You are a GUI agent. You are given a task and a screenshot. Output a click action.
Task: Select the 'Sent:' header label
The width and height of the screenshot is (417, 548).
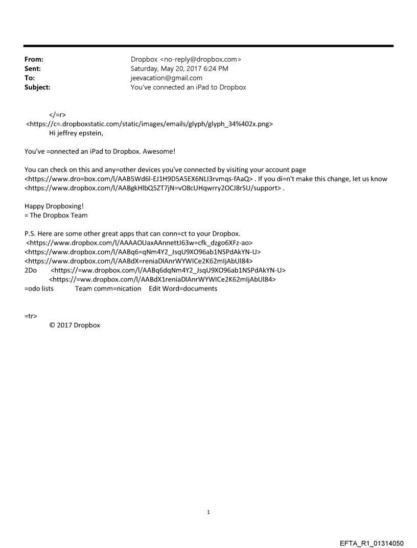point(33,69)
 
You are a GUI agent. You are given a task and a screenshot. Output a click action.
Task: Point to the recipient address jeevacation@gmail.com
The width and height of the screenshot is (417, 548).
point(167,78)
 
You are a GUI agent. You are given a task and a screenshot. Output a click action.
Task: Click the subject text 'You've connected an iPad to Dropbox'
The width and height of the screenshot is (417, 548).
point(189,87)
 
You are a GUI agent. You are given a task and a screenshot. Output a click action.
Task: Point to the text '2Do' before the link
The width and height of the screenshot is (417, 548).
point(31,270)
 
